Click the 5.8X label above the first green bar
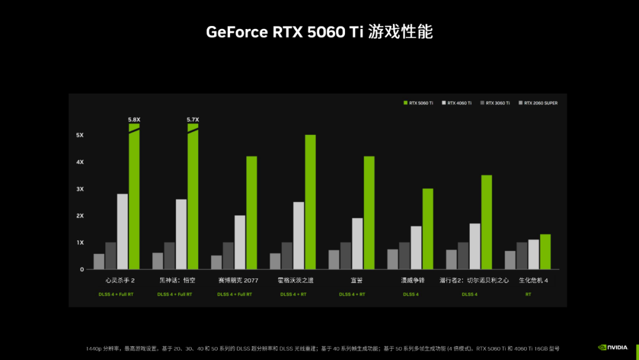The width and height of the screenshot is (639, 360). point(134,120)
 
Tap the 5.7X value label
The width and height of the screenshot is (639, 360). point(193,120)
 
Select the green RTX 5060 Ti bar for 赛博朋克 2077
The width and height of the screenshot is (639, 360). point(251,213)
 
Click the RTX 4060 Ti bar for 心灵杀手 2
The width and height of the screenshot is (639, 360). point(122,232)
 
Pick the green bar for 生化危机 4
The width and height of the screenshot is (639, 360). point(545,252)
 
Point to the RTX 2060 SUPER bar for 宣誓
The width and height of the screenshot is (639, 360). point(334,259)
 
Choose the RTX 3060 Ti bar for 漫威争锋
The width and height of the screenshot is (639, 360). point(404,256)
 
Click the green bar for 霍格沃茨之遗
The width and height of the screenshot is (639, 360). point(311,202)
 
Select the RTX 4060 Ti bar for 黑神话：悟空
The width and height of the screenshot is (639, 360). point(181,234)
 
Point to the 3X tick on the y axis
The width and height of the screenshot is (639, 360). point(80,189)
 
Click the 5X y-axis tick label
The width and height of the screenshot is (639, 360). point(80,135)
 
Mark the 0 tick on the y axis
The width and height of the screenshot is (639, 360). point(82,269)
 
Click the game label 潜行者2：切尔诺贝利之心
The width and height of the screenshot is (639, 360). point(474,281)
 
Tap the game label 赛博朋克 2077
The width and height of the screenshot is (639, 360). point(238,281)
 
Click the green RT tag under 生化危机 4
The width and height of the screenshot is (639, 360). point(528,294)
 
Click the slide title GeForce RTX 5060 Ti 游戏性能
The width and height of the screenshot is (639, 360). point(319,32)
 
